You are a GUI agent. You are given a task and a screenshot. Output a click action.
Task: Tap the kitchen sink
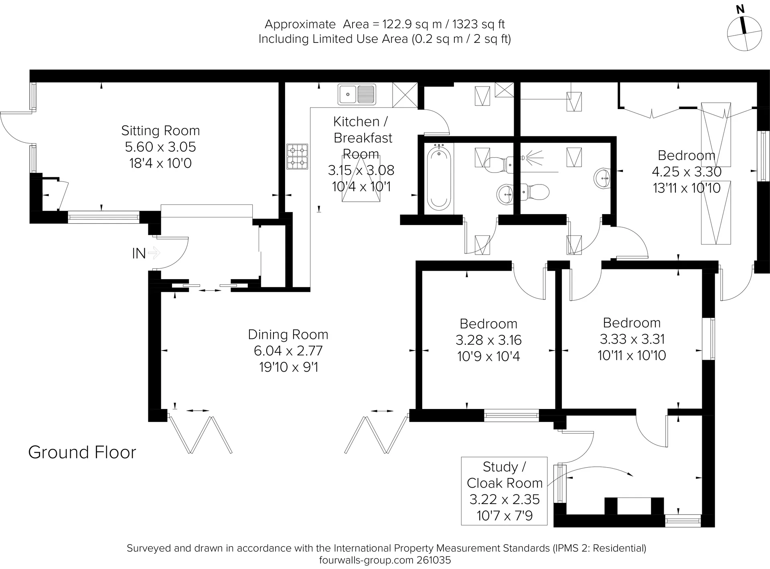pyautogui.click(x=357, y=94)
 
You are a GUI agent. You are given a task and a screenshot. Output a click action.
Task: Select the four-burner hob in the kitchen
pyautogui.click(x=297, y=156)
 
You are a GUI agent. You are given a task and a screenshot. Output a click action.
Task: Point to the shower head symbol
pyautogui.click(x=532, y=157)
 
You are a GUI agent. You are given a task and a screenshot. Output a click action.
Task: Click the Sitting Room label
pyautogui.click(x=160, y=130)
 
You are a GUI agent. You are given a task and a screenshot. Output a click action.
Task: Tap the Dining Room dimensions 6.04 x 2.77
pyautogui.click(x=288, y=350)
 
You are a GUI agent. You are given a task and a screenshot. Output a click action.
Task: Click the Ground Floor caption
pyautogui.click(x=82, y=452)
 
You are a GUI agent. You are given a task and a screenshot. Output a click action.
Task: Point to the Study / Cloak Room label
pyautogui.click(x=505, y=475)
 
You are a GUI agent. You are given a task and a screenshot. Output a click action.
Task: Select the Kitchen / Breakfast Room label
pyautogui.click(x=361, y=138)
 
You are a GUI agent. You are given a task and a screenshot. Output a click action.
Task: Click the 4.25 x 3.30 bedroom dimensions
pyautogui.click(x=687, y=172)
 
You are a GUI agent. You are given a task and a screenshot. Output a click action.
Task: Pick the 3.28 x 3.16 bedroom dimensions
pyautogui.click(x=488, y=340)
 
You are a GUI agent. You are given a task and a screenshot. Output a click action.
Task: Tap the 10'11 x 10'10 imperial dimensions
pyautogui.click(x=632, y=355)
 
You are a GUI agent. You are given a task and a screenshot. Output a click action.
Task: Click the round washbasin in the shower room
pyautogui.click(x=602, y=178)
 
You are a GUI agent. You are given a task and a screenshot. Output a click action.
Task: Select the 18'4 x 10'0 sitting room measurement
pyautogui.click(x=160, y=163)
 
